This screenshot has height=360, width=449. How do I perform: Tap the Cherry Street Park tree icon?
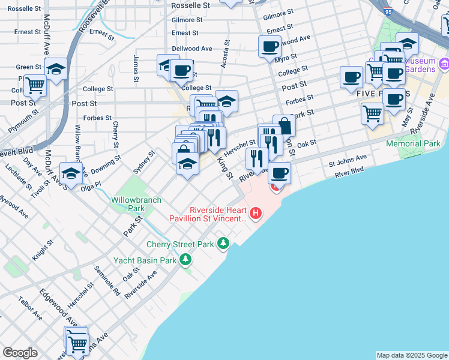224,243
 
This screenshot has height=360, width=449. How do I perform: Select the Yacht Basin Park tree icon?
186,259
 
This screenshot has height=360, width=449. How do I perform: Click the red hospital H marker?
256,213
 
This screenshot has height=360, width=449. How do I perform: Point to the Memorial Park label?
413,144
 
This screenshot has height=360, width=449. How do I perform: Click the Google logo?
20,353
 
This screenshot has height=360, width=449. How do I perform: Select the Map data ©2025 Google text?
411,355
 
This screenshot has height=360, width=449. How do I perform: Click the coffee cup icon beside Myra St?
270,46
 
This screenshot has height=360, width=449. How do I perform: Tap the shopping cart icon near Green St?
35,86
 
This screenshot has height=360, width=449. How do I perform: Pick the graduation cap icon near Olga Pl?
71,173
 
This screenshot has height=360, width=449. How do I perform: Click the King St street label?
224,169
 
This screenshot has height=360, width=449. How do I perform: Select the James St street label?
136,69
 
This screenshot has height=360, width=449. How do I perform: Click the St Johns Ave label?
347,161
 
